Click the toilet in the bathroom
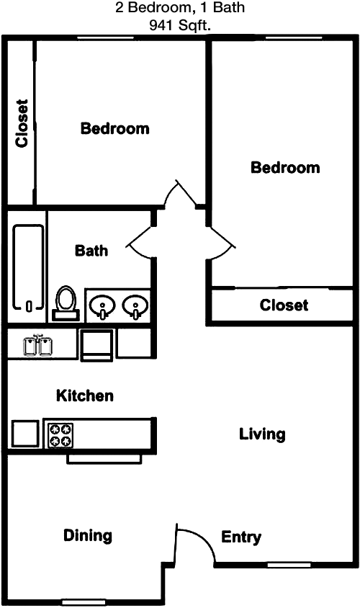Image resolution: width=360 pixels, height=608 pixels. [x=66, y=303]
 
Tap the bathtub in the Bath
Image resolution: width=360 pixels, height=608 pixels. [x=28, y=268]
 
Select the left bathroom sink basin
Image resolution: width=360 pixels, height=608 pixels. [x=102, y=306]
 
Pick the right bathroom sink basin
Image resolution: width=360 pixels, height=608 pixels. [x=135, y=306]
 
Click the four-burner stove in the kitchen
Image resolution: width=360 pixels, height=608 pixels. [x=60, y=434]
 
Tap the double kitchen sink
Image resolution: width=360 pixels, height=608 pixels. [x=38, y=345]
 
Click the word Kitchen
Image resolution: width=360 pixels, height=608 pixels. [x=85, y=396]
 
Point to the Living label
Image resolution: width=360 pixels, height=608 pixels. [x=262, y=434]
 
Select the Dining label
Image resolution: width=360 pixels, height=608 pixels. [x=88, y=536]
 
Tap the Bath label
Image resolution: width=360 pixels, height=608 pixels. [x=91, y=251]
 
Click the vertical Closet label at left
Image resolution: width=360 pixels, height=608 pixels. [x=22, y=123]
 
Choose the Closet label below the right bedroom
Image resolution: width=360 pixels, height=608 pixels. [x=284, y=305]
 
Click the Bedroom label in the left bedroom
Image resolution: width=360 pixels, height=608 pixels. [x=114, y=128]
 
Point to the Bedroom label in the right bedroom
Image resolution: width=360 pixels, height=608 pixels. [x=285, y=168]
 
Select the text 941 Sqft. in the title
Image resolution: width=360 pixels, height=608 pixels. [x=180, y=26]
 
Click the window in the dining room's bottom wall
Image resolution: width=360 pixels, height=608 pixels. [x=84, y=602]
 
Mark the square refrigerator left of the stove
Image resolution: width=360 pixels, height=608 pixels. [x=25, y=434]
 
